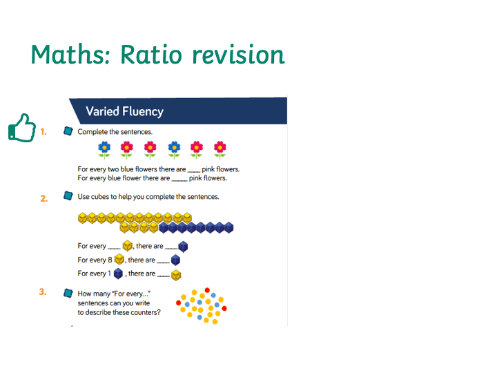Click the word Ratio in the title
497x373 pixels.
click(x=151, y=55)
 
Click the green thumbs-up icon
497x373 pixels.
click(x=22, y=128)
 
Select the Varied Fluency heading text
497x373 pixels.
click(x=124, y=111)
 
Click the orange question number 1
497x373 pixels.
click(x=43, y=132)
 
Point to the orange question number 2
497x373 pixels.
click(x=43, y=198)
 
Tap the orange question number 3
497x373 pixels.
click(x=43, y=291)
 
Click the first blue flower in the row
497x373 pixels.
click(x=104, y=150)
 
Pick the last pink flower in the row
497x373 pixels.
click(x=220, y=150)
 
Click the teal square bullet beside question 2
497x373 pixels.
click(x=68, y=195)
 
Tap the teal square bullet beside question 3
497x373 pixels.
click(x=68, y=293)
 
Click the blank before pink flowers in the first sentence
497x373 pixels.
click(x=194, y=171)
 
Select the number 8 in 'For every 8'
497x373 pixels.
click(x=110, y=260)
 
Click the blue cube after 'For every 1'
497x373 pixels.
click(x=118, y=274)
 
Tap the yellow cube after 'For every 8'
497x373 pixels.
click(x=119, y=260)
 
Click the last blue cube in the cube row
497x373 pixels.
click(x=229, y=227)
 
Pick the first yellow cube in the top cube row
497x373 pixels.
click(x=82, y=218)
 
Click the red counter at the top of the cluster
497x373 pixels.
click(x=207, y=290)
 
